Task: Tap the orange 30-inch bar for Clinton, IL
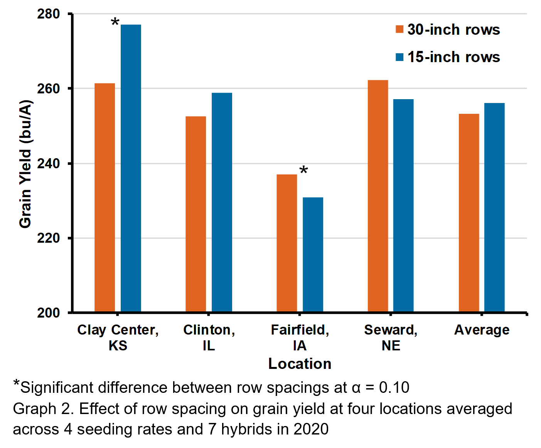(x=196, y=214)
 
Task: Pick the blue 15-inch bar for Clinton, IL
(x=222, y=202)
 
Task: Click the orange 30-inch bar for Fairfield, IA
(x=287, y=243)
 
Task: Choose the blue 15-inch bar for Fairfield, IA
(x=313, y=255)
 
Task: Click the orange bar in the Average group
(x=469, y=213)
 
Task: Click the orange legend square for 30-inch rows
(x=399, y=29)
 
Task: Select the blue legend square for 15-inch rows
(x=399, y=57)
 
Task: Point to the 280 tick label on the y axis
(x=49, y=14)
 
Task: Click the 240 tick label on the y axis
(x=49, y=163)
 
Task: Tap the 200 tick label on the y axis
(x=49, y=313)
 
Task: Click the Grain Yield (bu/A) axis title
(x=25, y=164)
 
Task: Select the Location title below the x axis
(x=300, y=364)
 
